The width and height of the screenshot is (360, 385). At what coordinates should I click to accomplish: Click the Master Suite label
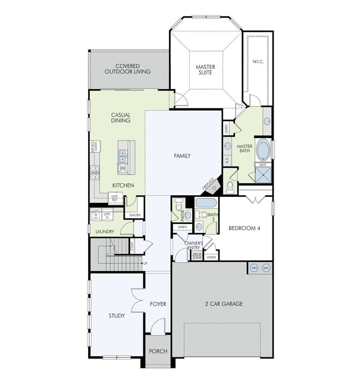point(205,70)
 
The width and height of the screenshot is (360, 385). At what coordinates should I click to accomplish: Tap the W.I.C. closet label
point(258,61)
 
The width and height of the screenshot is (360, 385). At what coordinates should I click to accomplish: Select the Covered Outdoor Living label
point(128,69)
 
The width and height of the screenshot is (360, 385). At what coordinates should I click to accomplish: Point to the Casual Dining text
point(120,118)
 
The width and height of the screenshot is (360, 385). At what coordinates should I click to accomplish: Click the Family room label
point(182,156)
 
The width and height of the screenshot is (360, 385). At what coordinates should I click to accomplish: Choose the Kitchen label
point(122,185)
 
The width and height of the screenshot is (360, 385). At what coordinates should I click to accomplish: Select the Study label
point(116,316)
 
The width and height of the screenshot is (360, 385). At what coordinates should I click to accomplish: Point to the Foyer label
point(158,304)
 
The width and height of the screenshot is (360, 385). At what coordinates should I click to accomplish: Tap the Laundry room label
point(105,232)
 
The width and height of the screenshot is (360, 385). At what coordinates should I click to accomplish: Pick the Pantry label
point(135,215)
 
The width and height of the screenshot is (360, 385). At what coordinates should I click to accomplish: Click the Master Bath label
point(244,149)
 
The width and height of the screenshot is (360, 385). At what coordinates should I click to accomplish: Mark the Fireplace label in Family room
point(209,184)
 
